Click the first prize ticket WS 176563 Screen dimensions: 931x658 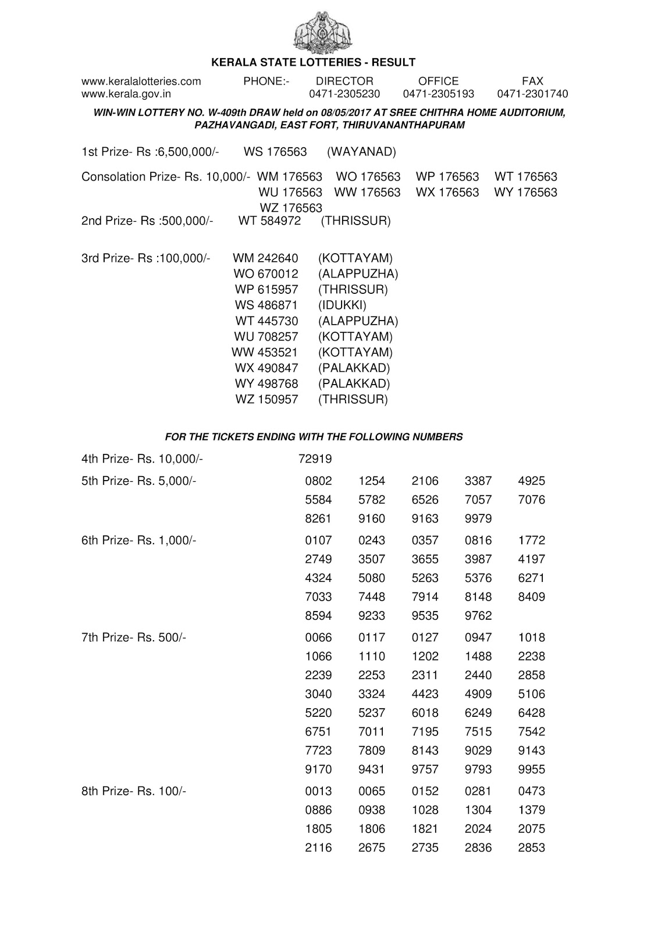[275, 152]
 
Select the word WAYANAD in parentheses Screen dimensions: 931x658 [361, 152]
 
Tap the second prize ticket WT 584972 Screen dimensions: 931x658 [269, 221]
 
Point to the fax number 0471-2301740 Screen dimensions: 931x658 [532, 94]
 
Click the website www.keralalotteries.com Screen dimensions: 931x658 [141, 81]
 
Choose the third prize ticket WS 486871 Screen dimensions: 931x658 [266, 305]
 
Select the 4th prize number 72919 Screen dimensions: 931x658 [315, 459]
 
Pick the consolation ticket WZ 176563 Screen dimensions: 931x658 [291, 208]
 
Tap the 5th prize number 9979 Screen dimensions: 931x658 [478, 518]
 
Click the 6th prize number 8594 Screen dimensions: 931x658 [318, 616]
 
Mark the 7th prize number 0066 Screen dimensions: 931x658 [318, 637]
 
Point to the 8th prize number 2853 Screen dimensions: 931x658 [531, 848]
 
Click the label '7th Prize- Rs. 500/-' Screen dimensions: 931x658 [134, 637]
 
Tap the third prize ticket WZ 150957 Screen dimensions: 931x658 [266, 399]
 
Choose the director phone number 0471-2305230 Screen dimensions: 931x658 [344, 94]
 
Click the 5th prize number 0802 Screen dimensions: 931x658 [318, 481]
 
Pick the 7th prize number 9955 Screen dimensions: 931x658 [531, 769]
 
